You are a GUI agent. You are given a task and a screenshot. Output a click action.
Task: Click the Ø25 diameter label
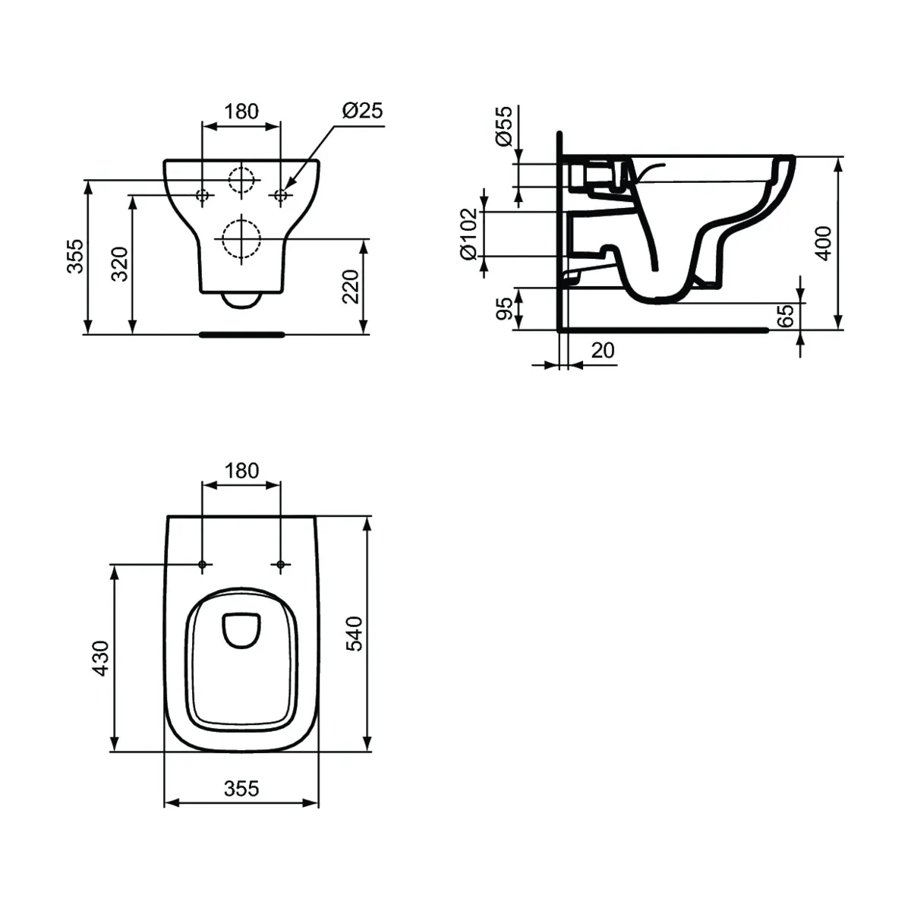click(362, 111)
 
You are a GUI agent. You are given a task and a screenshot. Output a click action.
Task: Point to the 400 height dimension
click(823, 243)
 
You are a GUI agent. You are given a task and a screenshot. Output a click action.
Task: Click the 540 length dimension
click(355, 634)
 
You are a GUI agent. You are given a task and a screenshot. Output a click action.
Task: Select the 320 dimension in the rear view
click(120, 264)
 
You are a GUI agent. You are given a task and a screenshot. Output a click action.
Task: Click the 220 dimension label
click(350, 286)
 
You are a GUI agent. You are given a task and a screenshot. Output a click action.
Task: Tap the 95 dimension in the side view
click(504, 309)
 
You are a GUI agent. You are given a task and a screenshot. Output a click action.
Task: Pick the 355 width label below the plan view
click(241, 789)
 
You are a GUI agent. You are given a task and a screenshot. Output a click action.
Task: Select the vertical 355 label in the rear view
click(74, 257)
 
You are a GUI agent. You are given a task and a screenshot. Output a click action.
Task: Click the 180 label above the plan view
click(241, 471)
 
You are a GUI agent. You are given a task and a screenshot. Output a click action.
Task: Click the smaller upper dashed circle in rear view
click(241, 180)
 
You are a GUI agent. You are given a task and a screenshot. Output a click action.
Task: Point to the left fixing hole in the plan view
click(203, 565)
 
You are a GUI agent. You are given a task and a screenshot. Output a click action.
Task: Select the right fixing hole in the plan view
click(280, 565)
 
